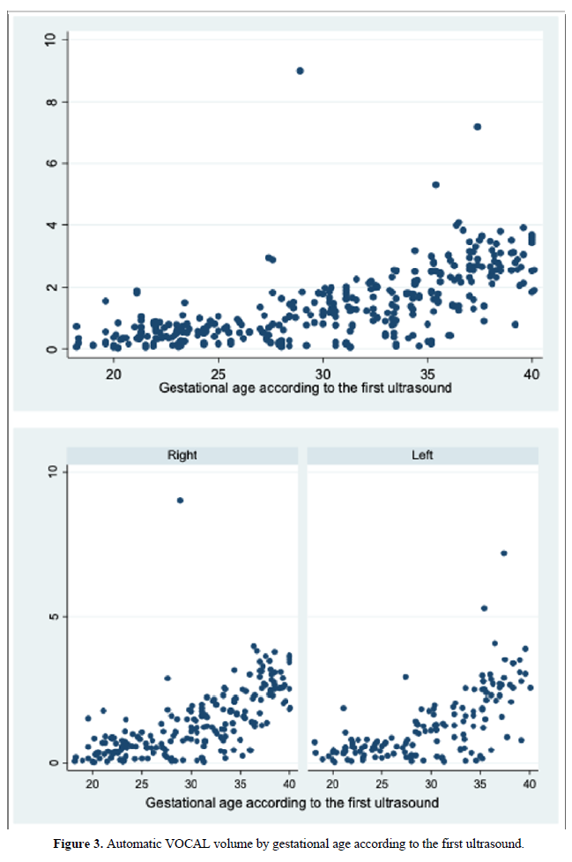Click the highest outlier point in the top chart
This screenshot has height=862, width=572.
click(300, 71)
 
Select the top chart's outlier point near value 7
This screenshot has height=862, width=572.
click(478, 127)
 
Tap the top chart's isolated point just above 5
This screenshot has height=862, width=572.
click(435, 185)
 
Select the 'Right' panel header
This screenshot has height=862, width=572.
click(182, 456)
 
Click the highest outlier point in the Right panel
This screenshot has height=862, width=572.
click(180, 500)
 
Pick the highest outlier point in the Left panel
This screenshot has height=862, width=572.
click(504, 554)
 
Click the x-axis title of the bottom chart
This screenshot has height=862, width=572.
click(292, 803)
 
